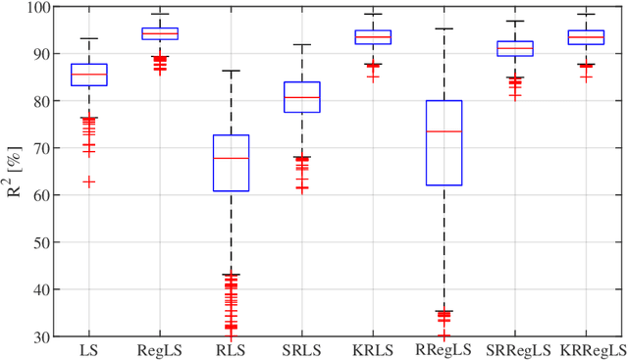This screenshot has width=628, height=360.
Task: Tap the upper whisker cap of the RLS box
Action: click(x=231, y=71)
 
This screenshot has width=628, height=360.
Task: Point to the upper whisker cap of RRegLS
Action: click(x=444, y=28)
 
